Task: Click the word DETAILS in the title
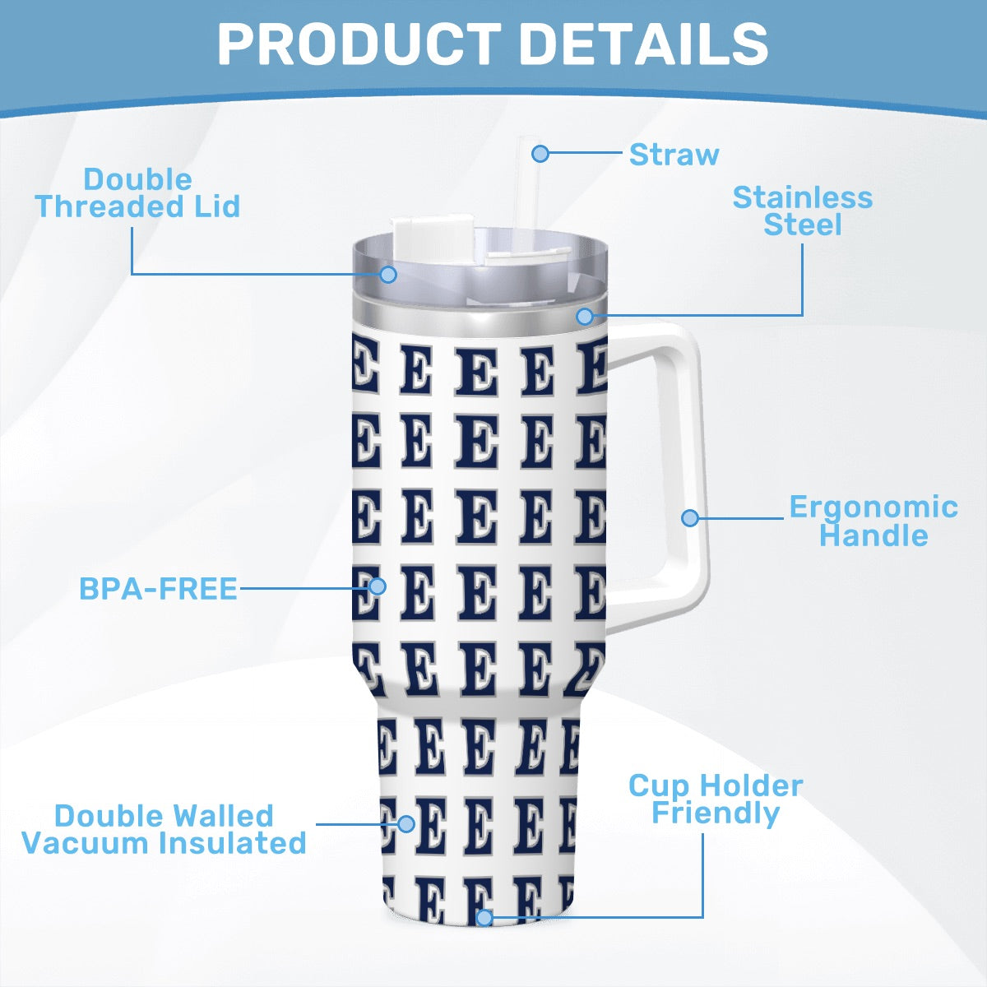(x=644, y=44)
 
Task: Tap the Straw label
(x=674, y=154)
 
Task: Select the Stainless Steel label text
(x=803, y=211)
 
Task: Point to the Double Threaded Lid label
(x=138, y=193)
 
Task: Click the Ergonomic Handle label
(x=873, y=521)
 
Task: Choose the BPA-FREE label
(x=158, y=589)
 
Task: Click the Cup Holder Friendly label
(x=716, y=799)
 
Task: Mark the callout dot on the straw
(x=540, y=153)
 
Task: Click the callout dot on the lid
(x=389, y=274)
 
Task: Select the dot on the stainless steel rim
(x=585, y=316)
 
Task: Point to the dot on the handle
(x=690, y=518)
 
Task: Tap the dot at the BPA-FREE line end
(x=378, y=586)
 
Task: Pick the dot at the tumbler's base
(x=484, y=917)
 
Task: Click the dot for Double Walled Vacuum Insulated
(x=406, y=824)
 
